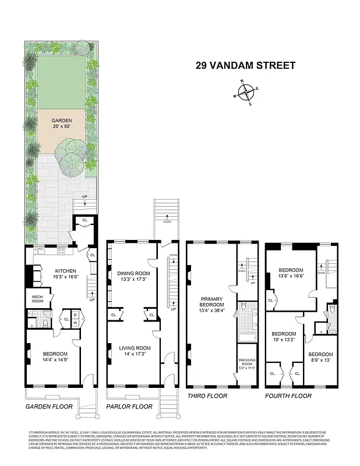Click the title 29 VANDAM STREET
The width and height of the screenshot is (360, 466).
point(245,65)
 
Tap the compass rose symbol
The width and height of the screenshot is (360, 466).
point(246,93)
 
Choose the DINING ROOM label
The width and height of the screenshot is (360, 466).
point(133,276)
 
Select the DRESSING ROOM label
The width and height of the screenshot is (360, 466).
point(246,365)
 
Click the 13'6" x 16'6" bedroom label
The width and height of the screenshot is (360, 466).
point(290,274)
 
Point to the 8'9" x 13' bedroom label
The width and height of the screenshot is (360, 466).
point(320,357)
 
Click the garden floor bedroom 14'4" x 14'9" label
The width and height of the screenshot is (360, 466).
point(55,357)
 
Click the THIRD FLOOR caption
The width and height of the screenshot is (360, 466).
point(207,396)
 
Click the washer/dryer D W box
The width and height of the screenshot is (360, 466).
point(76,319)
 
